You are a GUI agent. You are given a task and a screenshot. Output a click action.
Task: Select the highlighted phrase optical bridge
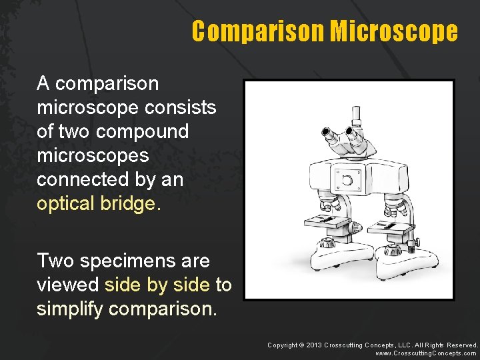point(99,203)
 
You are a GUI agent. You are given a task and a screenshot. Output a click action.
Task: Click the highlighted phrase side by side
point(157,285)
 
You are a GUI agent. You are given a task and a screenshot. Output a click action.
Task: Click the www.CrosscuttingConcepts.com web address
point(426,353)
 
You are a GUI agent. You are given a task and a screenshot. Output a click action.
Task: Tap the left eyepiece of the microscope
point(329,133)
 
